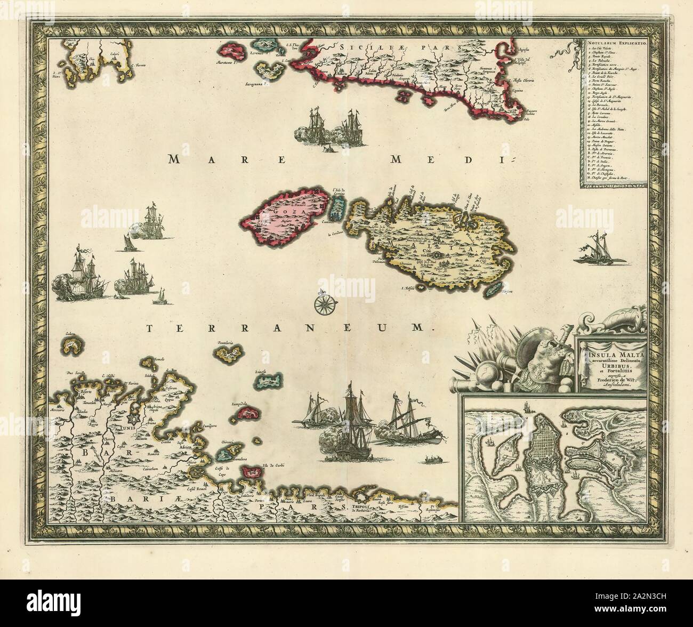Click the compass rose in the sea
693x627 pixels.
323,305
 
